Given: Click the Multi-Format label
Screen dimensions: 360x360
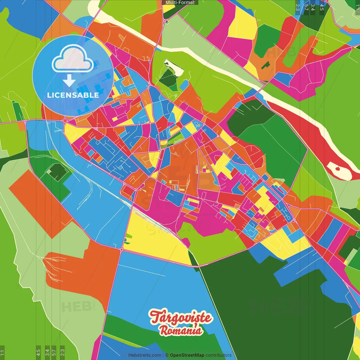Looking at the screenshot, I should pyautogui.click(x=180, y=3).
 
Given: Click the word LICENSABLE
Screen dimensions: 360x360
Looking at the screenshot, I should pyautogui.click(x=73, y=95).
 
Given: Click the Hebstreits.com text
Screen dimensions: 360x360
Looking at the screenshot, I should pyautogui.click(x=145, y=355).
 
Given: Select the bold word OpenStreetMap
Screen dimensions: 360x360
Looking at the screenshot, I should pyautogui.click(x=187, y=355).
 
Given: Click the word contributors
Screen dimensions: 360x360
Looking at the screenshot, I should pyautogui.click(x=219, y=355).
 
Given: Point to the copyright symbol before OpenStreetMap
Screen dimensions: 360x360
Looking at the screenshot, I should pyautogui.click(x=167, y=355).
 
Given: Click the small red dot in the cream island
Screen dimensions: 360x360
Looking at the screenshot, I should pyautogui.click(x=338, y=169).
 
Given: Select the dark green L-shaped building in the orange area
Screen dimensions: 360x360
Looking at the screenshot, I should pyautogui.click(x=265, y=65).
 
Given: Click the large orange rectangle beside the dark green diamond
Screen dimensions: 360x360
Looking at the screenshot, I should pyautogui.click(x=39, y=202).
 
